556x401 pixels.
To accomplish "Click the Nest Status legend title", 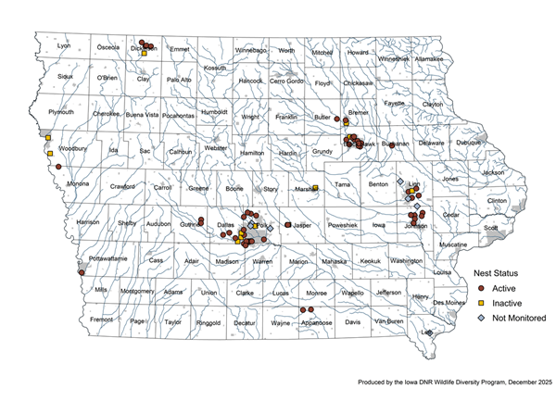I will (499, 273).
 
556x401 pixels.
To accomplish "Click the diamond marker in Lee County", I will (429, 332).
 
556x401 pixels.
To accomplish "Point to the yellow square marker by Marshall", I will (315, 189).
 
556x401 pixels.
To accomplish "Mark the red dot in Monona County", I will (57, 168).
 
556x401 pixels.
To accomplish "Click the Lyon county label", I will (64, 45).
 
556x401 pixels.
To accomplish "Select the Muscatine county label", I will (453, 244).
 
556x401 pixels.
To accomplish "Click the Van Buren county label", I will (389, 320).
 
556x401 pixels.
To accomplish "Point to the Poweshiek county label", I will (343, 224).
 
